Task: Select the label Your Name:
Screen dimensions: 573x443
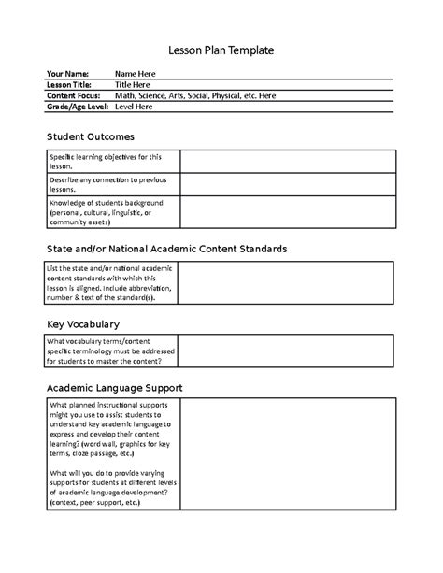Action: (x=67, y=73)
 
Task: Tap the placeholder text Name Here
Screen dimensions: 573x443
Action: (x=136, y=73)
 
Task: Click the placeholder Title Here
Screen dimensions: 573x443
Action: (x=132, y=84)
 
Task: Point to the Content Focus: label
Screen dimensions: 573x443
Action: (x=75, y=95)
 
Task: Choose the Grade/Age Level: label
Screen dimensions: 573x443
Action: (x=78, y=107)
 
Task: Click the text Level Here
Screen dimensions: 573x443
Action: (x=135, y=107)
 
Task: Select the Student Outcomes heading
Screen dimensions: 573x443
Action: (x=91, y=137)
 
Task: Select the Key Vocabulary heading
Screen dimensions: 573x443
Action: (x=83, y=324)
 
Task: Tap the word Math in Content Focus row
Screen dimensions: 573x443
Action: (x=125, y=95)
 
